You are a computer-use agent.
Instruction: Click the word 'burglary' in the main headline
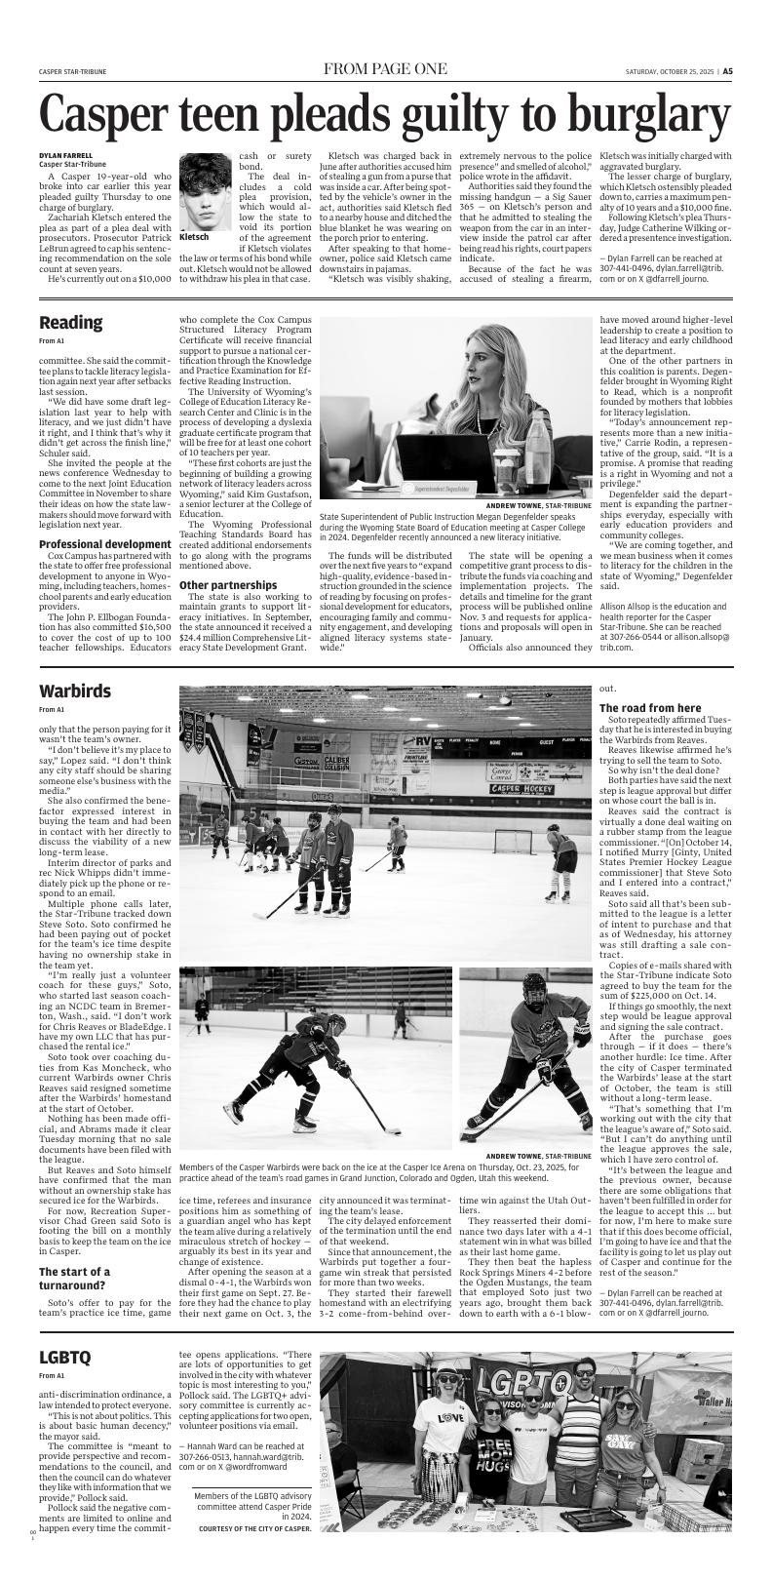(x=625, y=115)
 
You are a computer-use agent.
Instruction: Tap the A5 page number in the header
(x=727, y=71)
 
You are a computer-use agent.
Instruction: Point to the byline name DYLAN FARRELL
(x=65, y=155)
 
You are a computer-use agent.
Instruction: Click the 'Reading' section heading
(x=70, y=323)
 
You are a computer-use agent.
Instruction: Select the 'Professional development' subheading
(x=105, y=543)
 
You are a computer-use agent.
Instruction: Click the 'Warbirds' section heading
(x=75, y=691)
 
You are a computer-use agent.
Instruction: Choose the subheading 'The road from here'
(x=649, y=707)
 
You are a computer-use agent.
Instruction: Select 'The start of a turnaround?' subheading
(x=74, y=1279)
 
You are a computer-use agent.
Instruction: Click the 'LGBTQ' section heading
(x=65, y=1385)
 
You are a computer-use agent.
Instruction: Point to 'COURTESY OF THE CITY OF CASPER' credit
(x=254, y=1528)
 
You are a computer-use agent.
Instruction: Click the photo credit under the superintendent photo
(x=538, y=505)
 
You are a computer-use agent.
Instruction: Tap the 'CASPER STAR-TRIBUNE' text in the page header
(x=73, y=71)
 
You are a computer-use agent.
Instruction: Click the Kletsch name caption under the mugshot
(x=195, y=237)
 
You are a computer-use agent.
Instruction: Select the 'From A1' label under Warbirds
(x=52, y=710)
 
